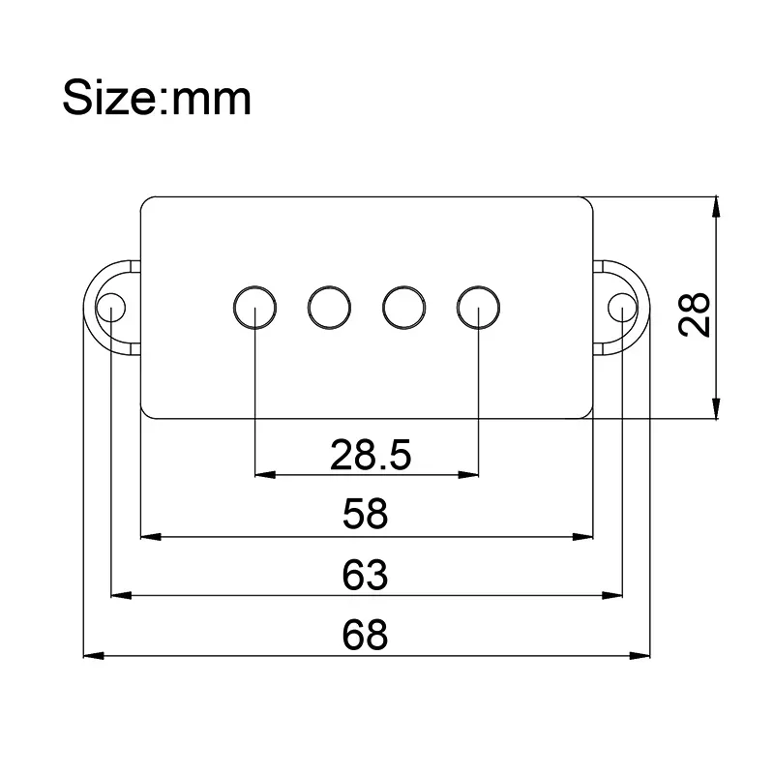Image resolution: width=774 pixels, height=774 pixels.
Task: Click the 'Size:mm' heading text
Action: tap(157, 98)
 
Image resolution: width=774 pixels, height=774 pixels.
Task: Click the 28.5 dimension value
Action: tap(371, 454)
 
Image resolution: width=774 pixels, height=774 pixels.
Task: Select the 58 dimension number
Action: tap(365, 515)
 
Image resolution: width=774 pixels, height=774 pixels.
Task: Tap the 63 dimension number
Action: tap(365, 575)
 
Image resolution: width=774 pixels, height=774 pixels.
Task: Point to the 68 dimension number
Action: tap(365, 635)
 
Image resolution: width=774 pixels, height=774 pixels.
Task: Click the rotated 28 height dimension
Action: tap(695, 313)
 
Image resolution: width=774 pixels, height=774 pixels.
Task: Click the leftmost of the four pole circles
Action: tap(254, 307)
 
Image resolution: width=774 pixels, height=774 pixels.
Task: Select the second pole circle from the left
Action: tap(329, 307)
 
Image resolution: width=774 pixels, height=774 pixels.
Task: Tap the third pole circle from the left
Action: tap(403, 307)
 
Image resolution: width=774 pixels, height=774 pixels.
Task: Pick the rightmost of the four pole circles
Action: tap(478, 307)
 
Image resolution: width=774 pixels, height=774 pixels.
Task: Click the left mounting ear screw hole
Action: tap(111, 309)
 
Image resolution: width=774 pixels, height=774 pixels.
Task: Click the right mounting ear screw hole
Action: tap(620, 309)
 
